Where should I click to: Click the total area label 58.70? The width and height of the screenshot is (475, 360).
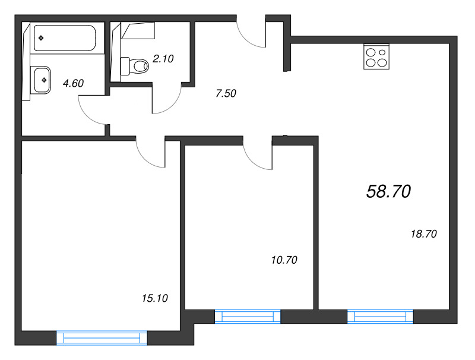(388, 191)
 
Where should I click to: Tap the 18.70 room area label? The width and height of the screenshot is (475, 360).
(423, 234)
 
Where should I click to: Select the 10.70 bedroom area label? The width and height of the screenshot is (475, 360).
(284, 260)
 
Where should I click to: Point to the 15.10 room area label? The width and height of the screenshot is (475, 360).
(155, 298)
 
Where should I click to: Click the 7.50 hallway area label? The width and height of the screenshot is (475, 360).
(226, 93)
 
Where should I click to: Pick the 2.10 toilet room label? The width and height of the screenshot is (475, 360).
(163, 58)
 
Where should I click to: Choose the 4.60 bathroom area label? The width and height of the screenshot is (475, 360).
(73, 83)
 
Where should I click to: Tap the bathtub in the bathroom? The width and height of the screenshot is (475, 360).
(65, 38)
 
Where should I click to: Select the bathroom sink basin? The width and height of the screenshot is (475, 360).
(42, 80)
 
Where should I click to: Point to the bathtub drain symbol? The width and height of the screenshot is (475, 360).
(41, 38)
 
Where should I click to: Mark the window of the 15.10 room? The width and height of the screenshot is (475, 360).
(102, 338)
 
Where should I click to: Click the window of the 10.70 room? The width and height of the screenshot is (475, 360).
(248, 317)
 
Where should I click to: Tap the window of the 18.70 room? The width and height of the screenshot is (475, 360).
(380, 317)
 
